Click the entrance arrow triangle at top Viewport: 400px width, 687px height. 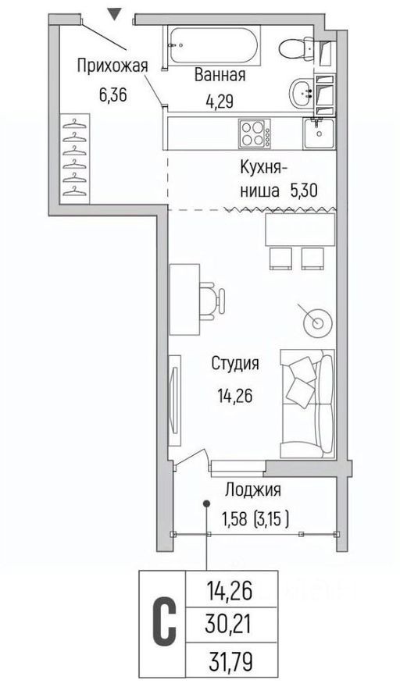[115, 12]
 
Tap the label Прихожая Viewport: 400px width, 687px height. [112, 66]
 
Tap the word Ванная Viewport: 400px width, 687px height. [220, 76]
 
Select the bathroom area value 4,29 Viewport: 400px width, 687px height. [220, 100]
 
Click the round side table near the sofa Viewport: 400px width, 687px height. [317, 321]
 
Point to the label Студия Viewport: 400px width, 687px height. [234, 363]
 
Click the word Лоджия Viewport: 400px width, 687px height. [252, 490]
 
